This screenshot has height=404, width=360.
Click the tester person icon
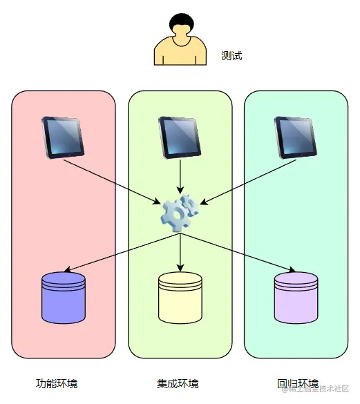pos(180,39)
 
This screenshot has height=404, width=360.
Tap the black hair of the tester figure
pos(182,22)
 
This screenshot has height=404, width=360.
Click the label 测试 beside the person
pos(231,56)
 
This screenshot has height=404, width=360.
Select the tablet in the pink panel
pos(63,137)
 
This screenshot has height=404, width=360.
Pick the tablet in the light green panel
pos(180,137)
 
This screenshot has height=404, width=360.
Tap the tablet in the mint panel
pos(296,137)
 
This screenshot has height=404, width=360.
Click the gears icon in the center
pos(180,213)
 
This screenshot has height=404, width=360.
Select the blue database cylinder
pos(64,298)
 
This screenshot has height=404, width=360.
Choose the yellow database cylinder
pos(180,298)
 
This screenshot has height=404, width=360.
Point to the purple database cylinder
pos(296,298)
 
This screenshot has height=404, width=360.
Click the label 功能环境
pos(57,384)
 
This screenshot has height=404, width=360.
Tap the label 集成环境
pos(178,384)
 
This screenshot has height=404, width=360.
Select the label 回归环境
pos(298,384)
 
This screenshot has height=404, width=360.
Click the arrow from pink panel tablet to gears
pos(112,182)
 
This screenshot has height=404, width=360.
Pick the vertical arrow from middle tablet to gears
pos(180,177)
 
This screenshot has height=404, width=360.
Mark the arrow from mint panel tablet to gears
pos(248,182)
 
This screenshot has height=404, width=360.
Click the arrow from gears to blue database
pos(122,253)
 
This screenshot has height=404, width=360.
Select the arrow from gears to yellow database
pos(180,253)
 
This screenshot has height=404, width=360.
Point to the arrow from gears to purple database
pos(238,253)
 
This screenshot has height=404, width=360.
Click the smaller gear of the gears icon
pos(190,204)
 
